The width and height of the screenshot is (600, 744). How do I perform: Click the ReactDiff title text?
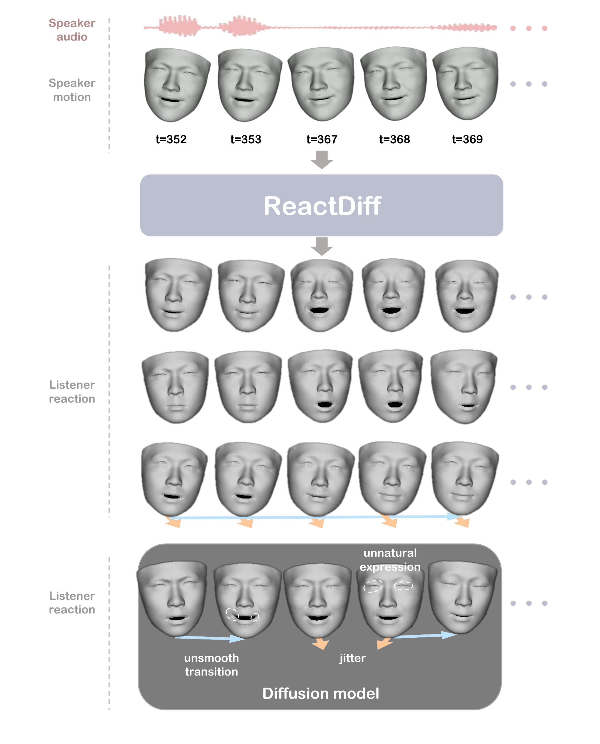click(322, 206)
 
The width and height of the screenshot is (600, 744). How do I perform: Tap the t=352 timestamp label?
click(171, 139)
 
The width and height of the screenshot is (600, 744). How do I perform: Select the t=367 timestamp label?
click(322, 139)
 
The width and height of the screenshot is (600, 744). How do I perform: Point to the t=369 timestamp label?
click(467, 139)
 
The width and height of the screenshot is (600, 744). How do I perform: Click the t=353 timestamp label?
click(246, 139)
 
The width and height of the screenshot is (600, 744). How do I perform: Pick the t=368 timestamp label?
click(394, 139)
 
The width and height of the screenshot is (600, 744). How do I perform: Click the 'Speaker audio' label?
click(72, 30)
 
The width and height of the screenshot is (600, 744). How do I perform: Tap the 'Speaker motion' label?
click(72, 90)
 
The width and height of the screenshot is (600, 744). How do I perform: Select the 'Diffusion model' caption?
click(321, 693)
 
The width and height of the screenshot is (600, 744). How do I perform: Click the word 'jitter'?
click(352, 658)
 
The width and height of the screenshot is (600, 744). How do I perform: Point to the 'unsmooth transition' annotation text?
click(212, 665)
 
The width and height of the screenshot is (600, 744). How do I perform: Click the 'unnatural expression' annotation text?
click(390, 560)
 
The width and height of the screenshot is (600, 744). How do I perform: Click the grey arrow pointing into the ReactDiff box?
click(322, 160)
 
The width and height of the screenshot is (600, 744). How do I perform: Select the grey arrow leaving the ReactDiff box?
click(322, 246)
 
